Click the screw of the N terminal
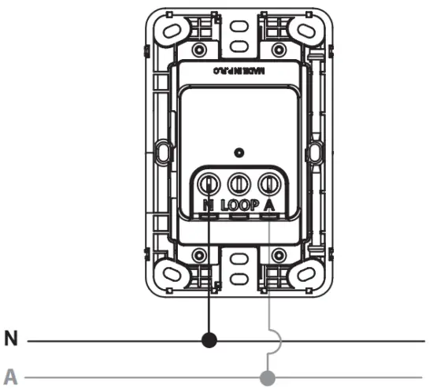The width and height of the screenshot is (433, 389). point(209,184)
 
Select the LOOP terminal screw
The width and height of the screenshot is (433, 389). point(238,184)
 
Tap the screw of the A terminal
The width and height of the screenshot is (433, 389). point(268,184)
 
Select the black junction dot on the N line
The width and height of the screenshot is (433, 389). point(209,341)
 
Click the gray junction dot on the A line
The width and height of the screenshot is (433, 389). point(268,378)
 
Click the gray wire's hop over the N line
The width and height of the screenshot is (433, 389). point(275,341)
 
